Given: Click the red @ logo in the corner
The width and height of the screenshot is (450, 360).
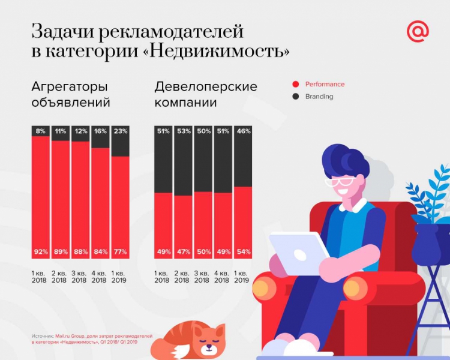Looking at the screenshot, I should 418,32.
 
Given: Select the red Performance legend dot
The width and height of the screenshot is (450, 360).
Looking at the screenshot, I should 295,85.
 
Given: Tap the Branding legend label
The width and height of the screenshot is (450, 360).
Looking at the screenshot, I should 319,97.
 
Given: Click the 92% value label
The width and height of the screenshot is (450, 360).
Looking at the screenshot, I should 41,252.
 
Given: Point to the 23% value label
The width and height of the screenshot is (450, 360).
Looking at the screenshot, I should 120,131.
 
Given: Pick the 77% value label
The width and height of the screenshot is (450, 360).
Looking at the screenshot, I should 120,252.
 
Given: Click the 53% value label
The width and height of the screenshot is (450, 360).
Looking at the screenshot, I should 184,131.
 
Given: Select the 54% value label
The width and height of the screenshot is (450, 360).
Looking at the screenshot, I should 242,252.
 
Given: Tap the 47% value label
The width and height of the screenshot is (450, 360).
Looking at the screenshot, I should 184,252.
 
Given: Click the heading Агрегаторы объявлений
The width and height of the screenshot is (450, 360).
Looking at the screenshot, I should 71,94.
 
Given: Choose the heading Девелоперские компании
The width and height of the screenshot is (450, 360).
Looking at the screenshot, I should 205,94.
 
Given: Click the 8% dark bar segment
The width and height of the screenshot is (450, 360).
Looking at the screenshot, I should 41,131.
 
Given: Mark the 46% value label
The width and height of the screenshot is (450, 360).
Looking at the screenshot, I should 242,131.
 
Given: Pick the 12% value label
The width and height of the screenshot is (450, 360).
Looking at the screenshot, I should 80,131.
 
